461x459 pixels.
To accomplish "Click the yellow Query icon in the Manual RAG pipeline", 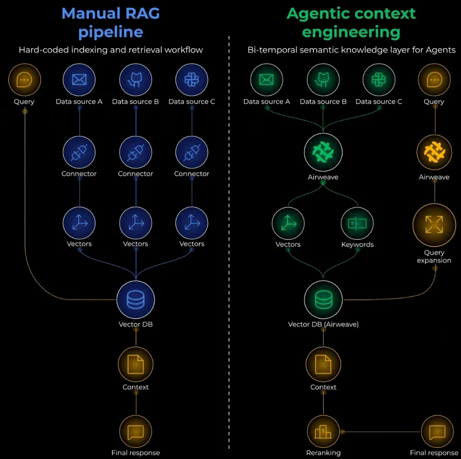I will tap(24, 80).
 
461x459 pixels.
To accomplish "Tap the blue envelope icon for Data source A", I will tap(79, 80).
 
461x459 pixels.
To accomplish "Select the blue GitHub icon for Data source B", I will tap(135, 80).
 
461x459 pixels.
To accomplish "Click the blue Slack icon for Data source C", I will tap(192, 80).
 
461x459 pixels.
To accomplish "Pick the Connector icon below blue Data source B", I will tap(135, 152).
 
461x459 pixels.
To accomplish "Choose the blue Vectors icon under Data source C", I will tap(192, 223).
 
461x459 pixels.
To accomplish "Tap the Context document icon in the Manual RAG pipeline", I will tap(135, 366).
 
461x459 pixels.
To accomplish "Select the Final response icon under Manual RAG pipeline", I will tap(135, 432).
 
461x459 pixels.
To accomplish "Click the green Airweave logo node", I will tap(323, 152).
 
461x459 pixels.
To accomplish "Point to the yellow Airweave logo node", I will tap(434, 152).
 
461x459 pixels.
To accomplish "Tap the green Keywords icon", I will tap(357, 224).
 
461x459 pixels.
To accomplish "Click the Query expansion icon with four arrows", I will tap(434, 225).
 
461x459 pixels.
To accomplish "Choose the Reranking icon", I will tap(323, 432).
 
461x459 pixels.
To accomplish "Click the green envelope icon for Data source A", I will tap(267, 80).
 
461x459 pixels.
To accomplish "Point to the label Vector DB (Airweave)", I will tap(323, 324).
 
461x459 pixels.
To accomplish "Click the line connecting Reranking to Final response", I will tap(380, 432).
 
